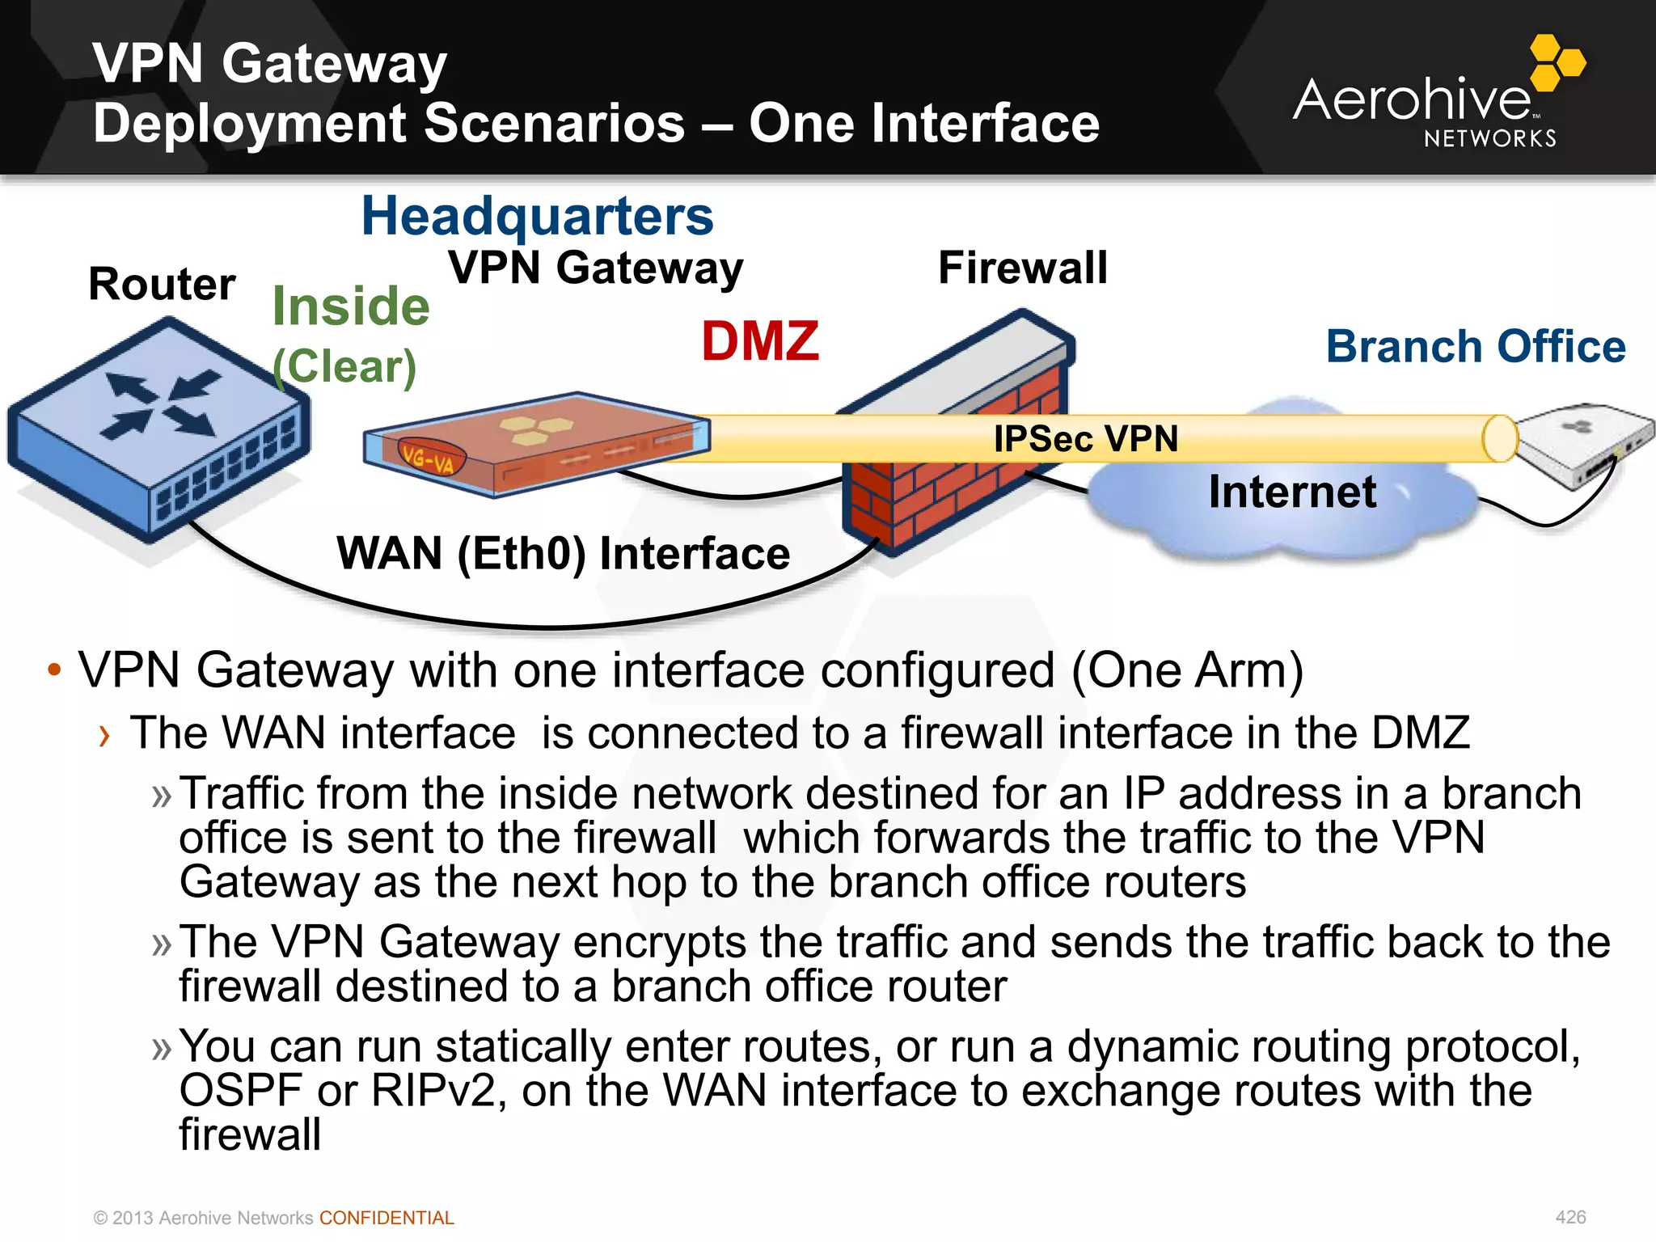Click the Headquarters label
pos(538,217)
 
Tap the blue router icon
pos(158,429)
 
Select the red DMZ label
pos(760,341)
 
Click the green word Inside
pos(351,306)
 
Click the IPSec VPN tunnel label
pos(1085,439)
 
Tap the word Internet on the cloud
pos(1292,492)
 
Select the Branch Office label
pos(1476,347)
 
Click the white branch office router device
pos(1585,444)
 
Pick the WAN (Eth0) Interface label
pos(563,554)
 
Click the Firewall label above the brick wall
pos(1023,268)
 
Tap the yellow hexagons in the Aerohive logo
pos(1557,61)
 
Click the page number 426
pos(1570,1217)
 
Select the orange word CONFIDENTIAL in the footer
pos(387,1218)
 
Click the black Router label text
pos(162,285)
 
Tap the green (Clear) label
pos(344,366)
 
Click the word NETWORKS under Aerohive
pos(1490,139)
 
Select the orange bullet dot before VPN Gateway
pos(54,670)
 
